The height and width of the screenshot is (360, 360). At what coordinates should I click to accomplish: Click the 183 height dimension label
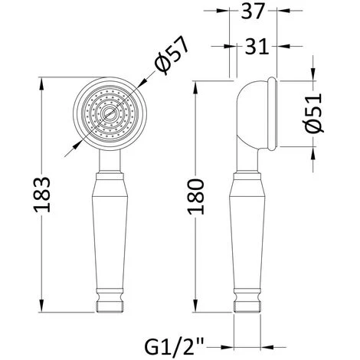coord(42,195)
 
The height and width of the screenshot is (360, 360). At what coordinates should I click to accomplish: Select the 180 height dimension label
coord(195,197)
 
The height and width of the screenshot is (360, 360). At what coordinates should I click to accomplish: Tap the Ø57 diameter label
coord(172,55)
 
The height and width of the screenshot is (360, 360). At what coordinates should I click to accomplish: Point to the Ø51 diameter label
coord(314,113)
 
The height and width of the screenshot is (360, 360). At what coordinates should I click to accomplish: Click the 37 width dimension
coord(252,11)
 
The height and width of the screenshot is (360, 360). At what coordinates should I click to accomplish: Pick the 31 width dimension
coord(257,47)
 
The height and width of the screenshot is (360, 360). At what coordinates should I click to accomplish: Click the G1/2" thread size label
coord(174,345)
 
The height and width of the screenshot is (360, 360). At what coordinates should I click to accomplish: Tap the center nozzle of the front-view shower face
coord(110,113)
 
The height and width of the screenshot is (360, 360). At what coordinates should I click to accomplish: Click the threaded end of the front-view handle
coord(110,306)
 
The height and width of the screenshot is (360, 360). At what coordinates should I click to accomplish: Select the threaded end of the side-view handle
coord(247,306)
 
